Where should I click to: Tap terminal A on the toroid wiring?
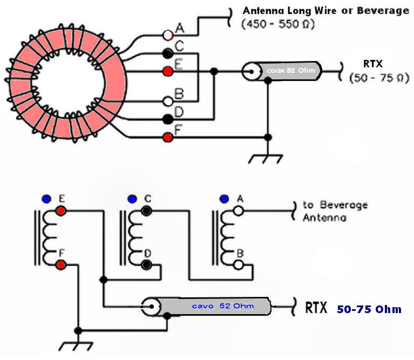point(168,35)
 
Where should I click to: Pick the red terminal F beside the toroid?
point(168,137)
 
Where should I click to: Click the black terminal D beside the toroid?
point(168,119)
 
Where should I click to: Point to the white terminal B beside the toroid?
point(168,101)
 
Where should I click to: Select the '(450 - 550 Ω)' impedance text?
point(279,24)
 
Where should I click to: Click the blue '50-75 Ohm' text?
point(369,309)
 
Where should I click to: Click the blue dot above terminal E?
point(46,199)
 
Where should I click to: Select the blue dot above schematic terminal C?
point(132,199)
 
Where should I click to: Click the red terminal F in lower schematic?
point(61,264)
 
